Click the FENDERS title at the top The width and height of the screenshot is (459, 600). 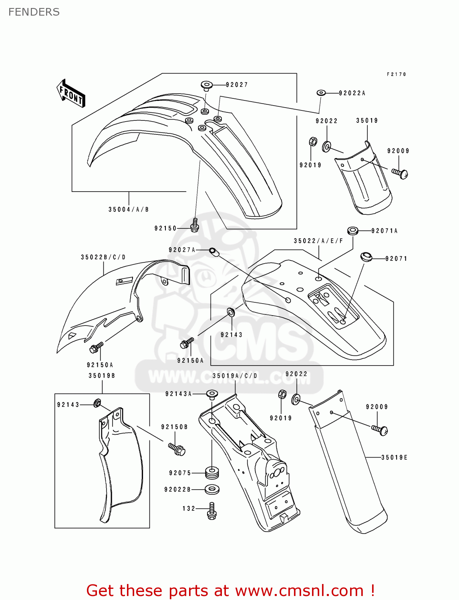[34, 12]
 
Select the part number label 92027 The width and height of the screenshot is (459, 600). [237, 85]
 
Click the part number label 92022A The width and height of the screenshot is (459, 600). [352, 93]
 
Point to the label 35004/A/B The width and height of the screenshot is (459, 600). [129, 210]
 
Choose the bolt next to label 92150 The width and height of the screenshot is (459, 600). [195, 225]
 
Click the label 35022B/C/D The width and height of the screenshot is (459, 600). [103, 257]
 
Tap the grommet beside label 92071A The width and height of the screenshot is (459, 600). [352, 231]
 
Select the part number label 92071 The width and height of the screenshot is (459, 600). [396, 259]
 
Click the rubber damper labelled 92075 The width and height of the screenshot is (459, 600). [212, 473]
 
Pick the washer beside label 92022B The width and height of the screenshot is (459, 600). [212, 489]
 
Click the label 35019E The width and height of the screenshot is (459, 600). [394, 457]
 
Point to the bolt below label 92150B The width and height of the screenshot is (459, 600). [177, 448]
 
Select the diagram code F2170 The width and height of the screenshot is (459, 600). [396, 74]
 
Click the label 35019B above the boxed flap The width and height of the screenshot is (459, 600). [102, 376]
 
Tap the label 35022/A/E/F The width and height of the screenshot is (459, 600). [318, 241]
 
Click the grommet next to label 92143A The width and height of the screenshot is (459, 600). [212, 394]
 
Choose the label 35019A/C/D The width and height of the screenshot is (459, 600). [235, 376]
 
